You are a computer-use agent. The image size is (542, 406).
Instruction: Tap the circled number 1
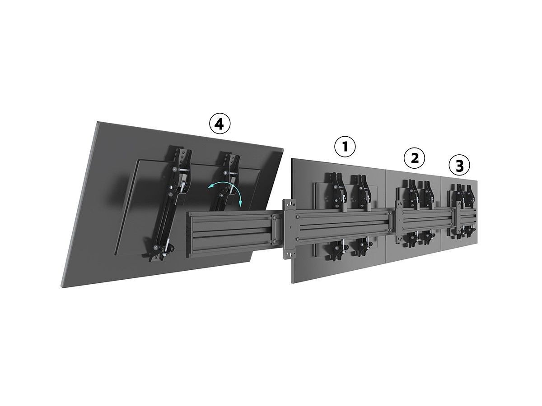345,147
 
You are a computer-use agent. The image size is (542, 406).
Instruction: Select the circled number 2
414,158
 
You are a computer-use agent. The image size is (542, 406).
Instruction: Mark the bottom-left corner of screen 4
61,286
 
